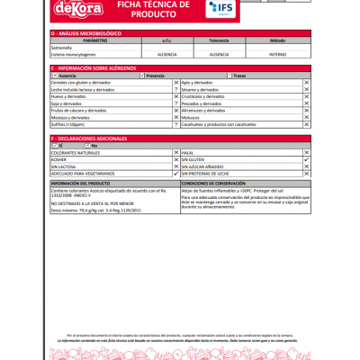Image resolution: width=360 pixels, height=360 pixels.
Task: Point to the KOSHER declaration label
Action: [62, 159]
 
